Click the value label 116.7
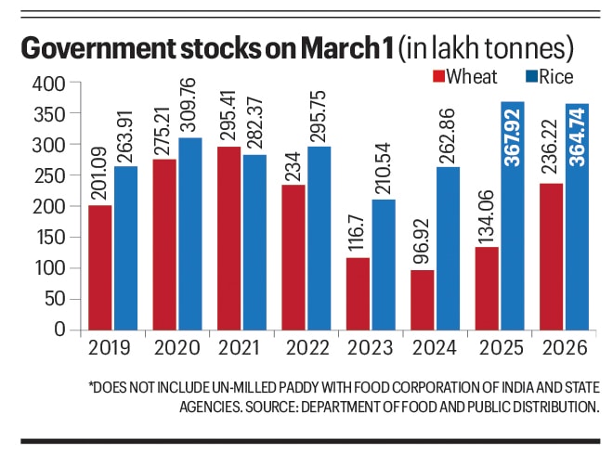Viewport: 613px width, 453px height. (357, 233)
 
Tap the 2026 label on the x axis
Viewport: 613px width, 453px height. (564, 352)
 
